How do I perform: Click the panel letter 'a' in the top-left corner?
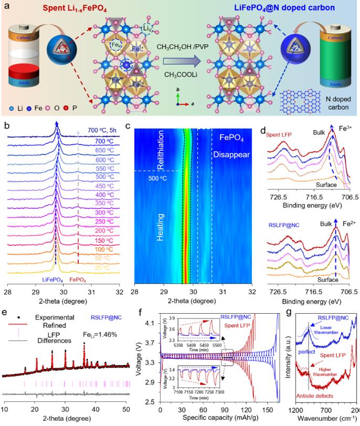pyautogui.click(x=6, y=7)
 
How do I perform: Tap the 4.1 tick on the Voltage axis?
pyautogui.click(x=152, y=323)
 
